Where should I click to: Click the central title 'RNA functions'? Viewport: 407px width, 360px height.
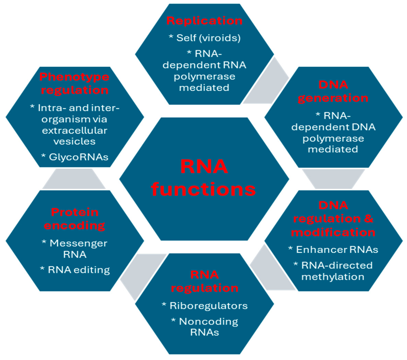[204, 178]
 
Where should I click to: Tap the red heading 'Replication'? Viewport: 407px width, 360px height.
[205, 21]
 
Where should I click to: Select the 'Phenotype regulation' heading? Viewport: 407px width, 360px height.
[75, 84]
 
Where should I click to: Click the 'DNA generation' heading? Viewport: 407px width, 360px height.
[333, 91]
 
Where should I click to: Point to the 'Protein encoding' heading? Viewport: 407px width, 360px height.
[75, 219]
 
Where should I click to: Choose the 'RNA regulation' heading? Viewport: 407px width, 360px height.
[205, 281]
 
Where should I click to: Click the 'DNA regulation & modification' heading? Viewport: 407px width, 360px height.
[333, 219]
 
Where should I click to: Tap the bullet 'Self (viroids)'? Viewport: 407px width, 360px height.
[205, 38]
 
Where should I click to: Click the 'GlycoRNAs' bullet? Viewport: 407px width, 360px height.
[75, 157]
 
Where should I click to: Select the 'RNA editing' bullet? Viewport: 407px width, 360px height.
[75, 270]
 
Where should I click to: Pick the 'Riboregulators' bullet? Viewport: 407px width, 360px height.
[205, 306]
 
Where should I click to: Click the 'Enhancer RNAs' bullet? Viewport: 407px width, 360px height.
[333, 250]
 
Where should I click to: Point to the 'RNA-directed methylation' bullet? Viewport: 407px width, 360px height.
[333, 271]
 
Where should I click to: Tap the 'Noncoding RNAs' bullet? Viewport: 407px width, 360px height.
[205, 327]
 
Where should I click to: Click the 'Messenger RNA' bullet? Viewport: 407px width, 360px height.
[75, 249]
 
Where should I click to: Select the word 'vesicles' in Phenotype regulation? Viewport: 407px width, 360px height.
[75, 141]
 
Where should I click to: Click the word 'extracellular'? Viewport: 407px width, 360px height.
[75, 130]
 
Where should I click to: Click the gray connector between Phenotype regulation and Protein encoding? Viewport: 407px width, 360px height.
[74, 179]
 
